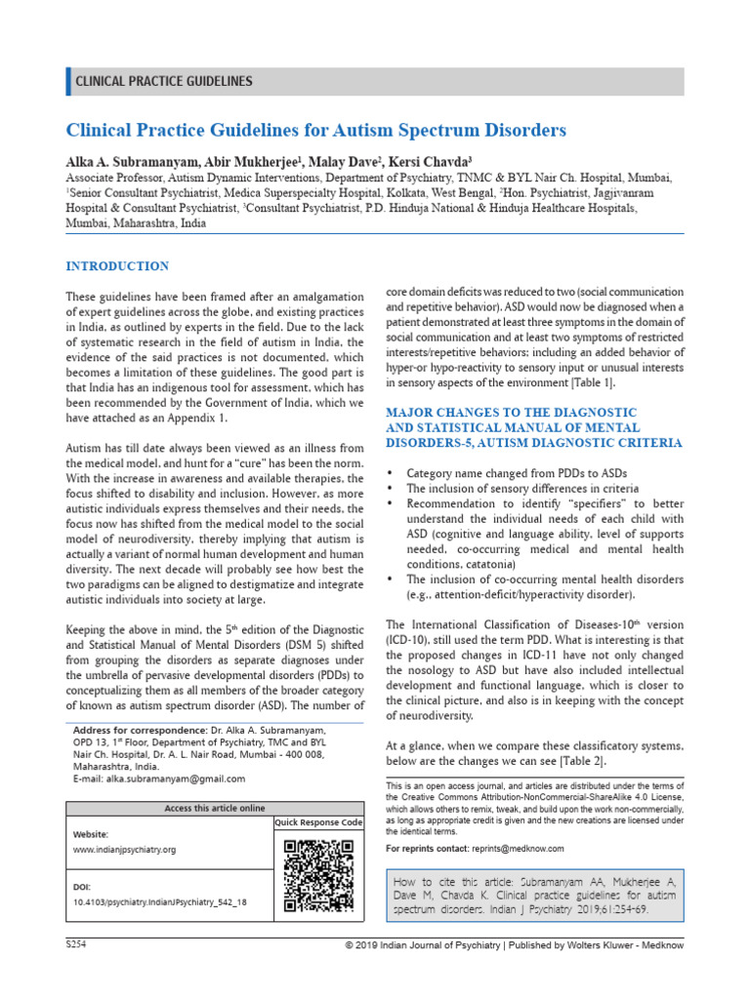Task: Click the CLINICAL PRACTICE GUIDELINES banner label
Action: pyautogui.click(x=163, y=82)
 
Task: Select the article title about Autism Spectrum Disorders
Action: pyautogui.click(x=315, y=130)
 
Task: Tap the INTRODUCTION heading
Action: pyautogui.click(x=116, y=266)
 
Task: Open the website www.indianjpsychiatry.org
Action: pyautogui.click(x=125, y=850)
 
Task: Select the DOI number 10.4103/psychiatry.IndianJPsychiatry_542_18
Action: pyautogui.click(x=160, y=902)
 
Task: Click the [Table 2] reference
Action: pyautogui.click(x=579, y=761)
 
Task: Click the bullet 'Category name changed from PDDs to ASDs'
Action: pyautogui.click(x=517, y=472)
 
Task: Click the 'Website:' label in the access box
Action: pyautogui.click(x=92, y=835)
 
